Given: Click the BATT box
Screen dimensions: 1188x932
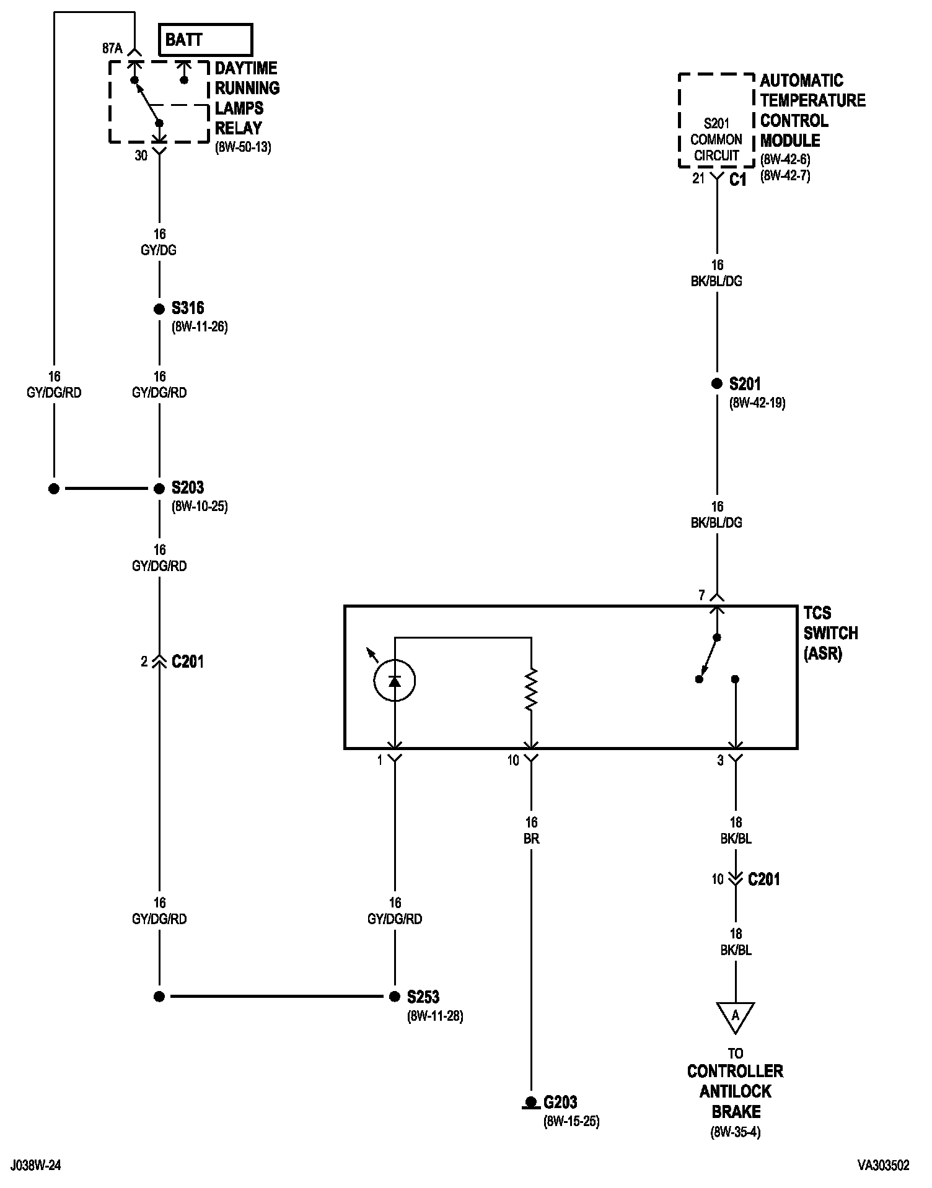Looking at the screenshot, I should (x=205, y=40).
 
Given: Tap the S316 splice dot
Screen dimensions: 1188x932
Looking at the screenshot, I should (x=159, y=309).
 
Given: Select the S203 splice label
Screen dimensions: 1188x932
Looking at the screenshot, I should (x=188, y=488).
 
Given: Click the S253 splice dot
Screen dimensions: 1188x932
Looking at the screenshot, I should (x=395, y=997).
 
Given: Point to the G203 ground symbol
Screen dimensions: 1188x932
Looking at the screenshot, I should (x=530, y=1103).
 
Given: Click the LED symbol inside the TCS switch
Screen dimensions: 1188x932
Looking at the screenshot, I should (x=395, y=681).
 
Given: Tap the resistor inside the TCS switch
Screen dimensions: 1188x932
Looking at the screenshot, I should (x=531, y=689).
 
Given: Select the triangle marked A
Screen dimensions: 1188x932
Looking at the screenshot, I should (x=736, y=1016).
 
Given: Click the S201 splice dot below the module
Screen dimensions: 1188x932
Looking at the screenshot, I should (x=717, y=384).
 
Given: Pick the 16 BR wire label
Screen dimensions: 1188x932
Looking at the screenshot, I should (x=531, y=831).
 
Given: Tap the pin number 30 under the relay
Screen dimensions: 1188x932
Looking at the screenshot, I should (x=141, y=156).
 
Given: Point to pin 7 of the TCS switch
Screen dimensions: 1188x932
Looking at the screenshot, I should (x=702, y=596).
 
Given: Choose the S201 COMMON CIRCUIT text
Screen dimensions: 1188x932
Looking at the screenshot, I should (x=716, y=140).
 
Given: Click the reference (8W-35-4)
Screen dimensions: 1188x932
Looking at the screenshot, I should (x=736, y=1133).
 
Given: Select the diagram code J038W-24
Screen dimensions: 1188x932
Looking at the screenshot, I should (x=35, y=1166).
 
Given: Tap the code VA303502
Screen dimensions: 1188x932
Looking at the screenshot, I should (x=883, y=1166).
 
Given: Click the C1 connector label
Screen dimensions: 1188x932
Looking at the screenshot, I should (x=738, y=180).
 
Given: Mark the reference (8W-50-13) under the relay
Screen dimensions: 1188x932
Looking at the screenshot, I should (x=243, y=148).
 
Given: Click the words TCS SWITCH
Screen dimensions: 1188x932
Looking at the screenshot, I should (x=830, y=623).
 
